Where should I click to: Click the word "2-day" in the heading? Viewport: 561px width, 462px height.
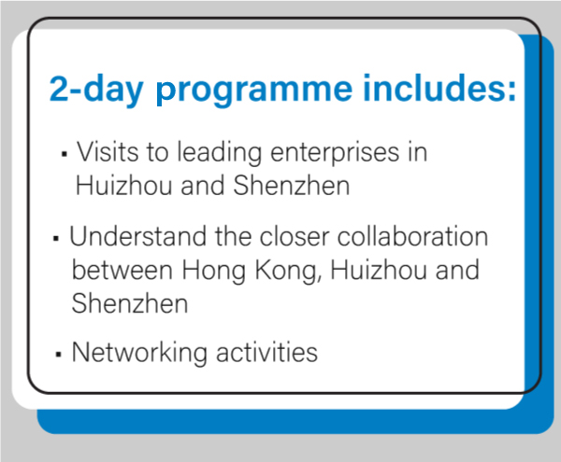tap(96, 89)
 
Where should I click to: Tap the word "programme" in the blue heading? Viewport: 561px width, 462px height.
tap(254, 92)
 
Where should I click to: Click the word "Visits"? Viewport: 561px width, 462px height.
tap(108, 151)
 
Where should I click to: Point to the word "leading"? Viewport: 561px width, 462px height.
tap(220, 153)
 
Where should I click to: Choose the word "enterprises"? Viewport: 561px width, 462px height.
tap(335, 154)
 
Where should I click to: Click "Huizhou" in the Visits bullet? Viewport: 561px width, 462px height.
tap(123, 186)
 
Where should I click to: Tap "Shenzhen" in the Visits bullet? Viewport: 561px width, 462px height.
tap(291, 185)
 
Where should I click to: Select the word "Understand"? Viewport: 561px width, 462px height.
tap(138, 236)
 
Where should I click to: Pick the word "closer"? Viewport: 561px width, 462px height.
tap(295, 236)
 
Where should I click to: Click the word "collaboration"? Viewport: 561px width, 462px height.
tap(412, 236)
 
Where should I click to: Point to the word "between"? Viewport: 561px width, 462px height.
tap(122, 270)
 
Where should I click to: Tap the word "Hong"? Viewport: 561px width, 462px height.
tap(213, 272)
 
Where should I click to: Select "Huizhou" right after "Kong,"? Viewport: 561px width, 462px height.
tap(378, 270)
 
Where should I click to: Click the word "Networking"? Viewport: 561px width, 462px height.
tap(139, 354)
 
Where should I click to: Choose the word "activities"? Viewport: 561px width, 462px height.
tap(266, 353)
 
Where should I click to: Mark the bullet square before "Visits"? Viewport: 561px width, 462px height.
tap(65, 154)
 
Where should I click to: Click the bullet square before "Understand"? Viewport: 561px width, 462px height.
tap(55, 238)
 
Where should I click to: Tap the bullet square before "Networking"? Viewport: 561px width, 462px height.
tap(59, 354)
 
